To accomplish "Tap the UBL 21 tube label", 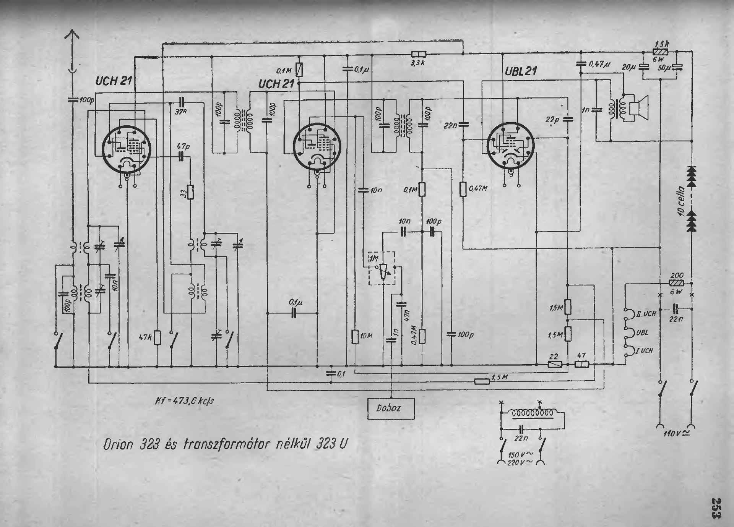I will click(x=521, y=71).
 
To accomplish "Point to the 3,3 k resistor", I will click(x=418, y=54).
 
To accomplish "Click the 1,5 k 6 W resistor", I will click(x=660, y=53).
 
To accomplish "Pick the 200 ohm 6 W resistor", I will click(x=677, y=283).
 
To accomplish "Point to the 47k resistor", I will click(x=157, y=337).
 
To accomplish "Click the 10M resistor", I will click(x=355, y=336).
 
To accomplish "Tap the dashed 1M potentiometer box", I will click(x=382, y=268).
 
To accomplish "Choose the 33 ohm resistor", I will click(x=190, y=193).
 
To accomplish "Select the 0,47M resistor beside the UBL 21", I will click(x=463, y=189).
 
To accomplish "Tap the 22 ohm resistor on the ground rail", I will click(x=554, y=365).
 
